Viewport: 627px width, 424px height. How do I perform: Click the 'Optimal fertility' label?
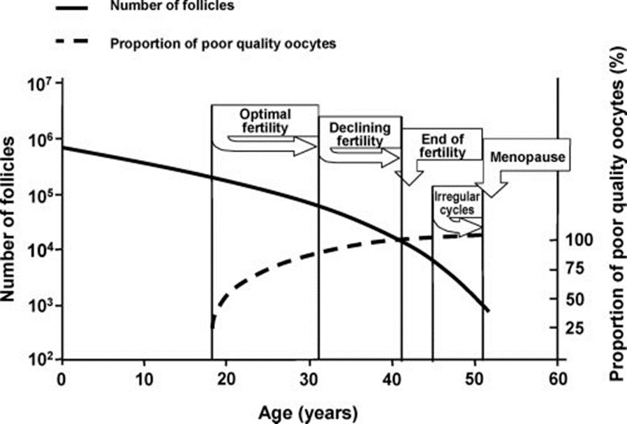[265, 121]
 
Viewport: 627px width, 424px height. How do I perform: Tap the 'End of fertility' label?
[441, 145]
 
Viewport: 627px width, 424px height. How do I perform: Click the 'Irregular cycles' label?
[455, 203]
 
